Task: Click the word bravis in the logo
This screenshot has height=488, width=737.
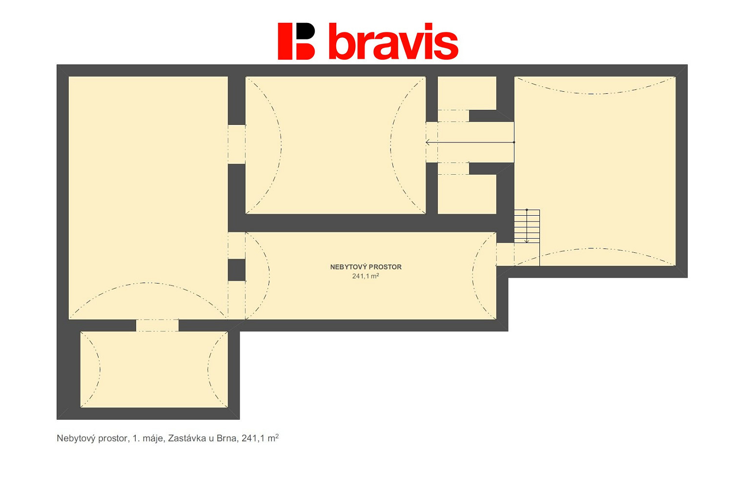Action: click(393, 41)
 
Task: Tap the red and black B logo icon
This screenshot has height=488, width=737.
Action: click(296, 41)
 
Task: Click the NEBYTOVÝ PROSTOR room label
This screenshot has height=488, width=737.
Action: click(366, 267)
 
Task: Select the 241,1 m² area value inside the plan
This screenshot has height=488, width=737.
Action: click(366, 276)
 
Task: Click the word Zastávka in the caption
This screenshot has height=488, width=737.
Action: click(186, 439)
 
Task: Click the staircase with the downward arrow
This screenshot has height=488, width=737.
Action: click(527, 226)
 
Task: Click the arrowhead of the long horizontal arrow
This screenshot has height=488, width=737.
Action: click(428, 142)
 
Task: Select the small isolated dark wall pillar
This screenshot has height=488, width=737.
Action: click(237, 270)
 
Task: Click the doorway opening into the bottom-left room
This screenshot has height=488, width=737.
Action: click(157, 325)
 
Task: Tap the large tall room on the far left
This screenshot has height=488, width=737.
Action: click(148, 198)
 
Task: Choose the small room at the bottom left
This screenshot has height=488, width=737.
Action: click(154, 369)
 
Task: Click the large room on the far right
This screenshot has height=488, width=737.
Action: click(595, 171)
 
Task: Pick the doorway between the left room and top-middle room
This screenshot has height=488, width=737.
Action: click(237, 144)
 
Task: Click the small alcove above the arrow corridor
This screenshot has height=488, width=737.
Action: click(467, 94)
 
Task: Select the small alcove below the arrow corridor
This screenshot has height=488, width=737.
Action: click(467, 194)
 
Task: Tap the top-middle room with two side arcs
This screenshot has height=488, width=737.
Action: click(336, 145)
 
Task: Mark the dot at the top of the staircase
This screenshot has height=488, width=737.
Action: click(527, 210)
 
